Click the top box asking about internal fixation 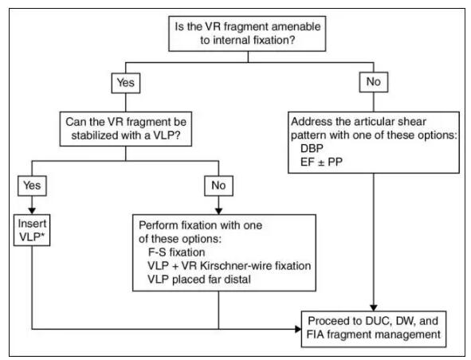tap(247, 33)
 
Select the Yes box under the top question tap(126, 83)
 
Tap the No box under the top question tap(374, 82)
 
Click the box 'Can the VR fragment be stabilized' tap(126, 129)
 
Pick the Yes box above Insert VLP tap(32, 186)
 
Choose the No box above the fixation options tap(218, 186)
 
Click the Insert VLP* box tap(32, 230)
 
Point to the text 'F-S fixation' tap(176, 252)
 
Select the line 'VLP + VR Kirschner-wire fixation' tap(230, 266)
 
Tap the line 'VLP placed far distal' tap(199, 280)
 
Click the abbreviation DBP tap(312, 148)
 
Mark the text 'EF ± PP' tap(321, 162)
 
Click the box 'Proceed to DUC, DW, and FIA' tap(374, 329)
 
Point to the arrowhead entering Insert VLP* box tap(32, 211)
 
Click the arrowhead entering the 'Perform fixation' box tap(218, 211)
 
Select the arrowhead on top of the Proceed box tap(374, 308)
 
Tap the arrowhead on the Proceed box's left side tap(298, 329)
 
